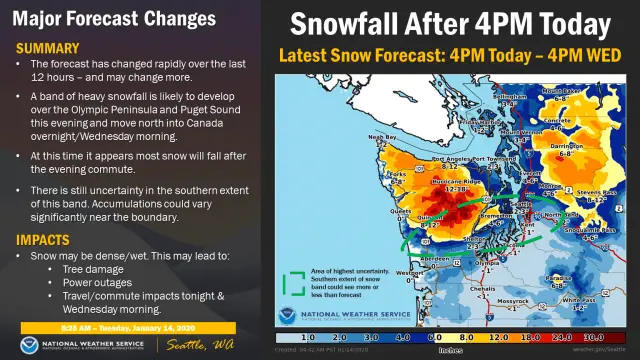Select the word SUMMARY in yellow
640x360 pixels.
[x=47, y=47]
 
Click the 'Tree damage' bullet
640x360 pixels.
[x=122, y=269]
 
